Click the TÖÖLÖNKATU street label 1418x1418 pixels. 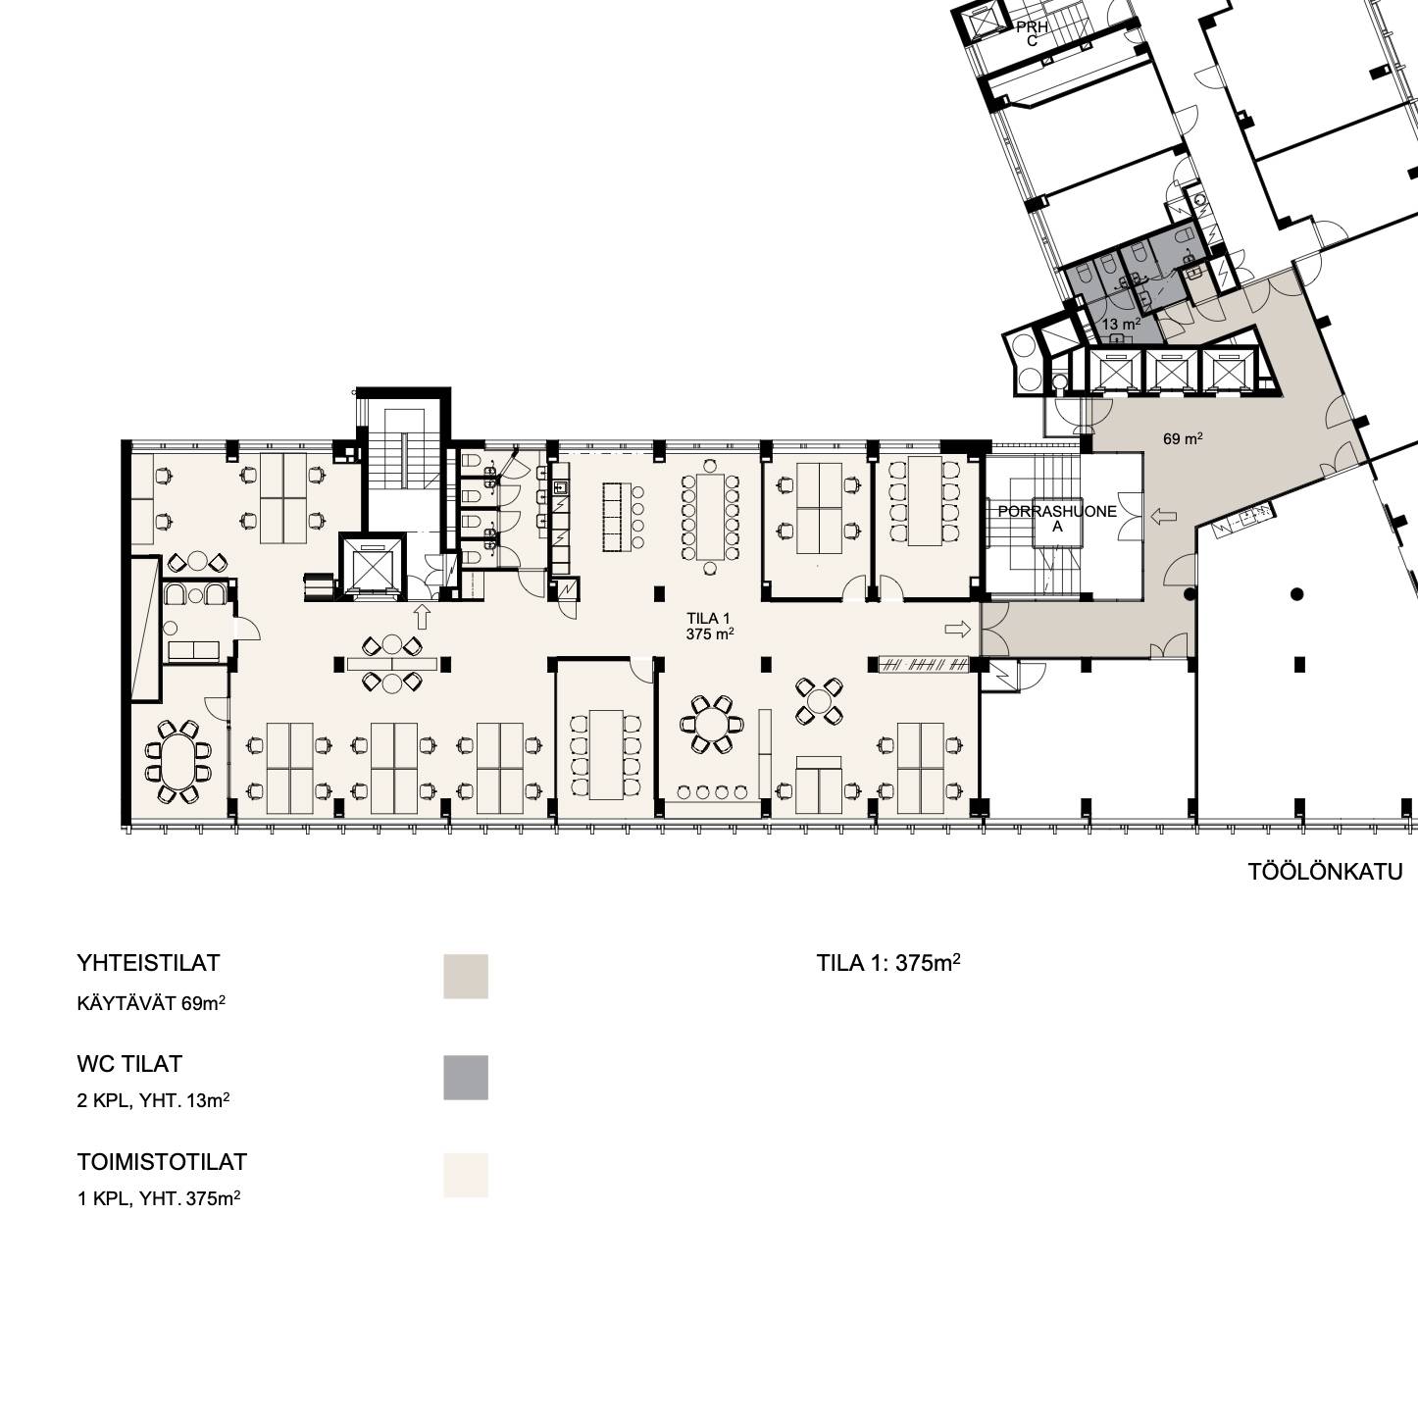1325,872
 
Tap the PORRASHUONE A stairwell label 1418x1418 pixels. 1057,518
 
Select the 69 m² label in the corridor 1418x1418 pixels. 1183,438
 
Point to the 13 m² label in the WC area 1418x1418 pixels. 1122,324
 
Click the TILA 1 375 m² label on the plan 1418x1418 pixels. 709,627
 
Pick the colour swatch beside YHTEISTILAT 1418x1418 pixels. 466,977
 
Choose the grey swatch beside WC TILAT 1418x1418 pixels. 466,1078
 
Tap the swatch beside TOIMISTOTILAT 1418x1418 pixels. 466,1175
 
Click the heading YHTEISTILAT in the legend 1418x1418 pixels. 149,963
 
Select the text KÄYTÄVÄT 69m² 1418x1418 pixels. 151,1004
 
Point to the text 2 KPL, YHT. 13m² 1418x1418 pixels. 153,1101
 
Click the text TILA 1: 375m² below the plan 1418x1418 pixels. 888,963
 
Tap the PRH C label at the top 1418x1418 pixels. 1032,34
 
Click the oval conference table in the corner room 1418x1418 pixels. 177,762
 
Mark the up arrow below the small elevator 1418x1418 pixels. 422,617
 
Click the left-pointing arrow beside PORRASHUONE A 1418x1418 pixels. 1163,517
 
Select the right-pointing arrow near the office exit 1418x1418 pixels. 958,629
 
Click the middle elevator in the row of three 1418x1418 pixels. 1172,369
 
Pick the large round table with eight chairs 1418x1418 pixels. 711,724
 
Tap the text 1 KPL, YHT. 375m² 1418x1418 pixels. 159,1198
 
